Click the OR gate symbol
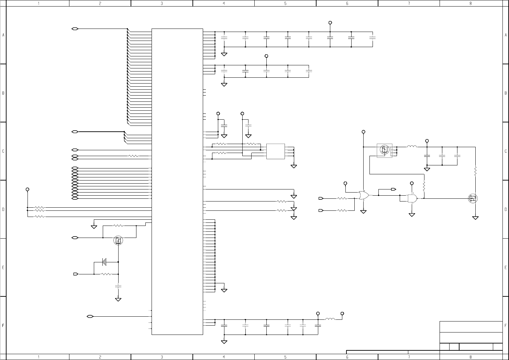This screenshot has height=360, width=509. click(x=364, y=196)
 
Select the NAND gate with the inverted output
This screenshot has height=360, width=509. click(x=412, y=198)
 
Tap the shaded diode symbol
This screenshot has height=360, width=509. click(x=104, y=262)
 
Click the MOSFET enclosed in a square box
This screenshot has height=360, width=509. click(x=384, y=150)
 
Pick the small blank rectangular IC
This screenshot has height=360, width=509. click(x=275, y=151)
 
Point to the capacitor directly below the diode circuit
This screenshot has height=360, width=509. click(x=118, y=286)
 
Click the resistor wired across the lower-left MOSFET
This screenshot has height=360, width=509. click(x=118, y=226)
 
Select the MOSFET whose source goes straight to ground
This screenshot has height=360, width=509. click(x=473, y=198)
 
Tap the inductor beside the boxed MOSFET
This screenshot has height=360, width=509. click(x=412, y=147)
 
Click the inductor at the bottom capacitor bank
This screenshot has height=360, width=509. click(x=330, y=319)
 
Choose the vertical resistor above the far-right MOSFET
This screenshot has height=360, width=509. click(x=475, y=171)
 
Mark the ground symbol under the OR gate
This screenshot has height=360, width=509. click(x=364, y=212)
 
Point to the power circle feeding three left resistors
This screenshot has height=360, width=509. click(x=27, y=189)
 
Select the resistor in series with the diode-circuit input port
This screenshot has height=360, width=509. click(x=106, y=274)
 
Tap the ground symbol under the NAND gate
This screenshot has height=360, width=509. click(x=412, y=215)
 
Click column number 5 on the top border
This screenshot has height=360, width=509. click(x=285, y=3)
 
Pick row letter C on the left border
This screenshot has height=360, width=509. click(x=3, y=151)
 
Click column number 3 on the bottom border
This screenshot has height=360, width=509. click(x=162, y=357)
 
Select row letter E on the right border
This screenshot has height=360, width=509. click(x=506, y=268)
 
